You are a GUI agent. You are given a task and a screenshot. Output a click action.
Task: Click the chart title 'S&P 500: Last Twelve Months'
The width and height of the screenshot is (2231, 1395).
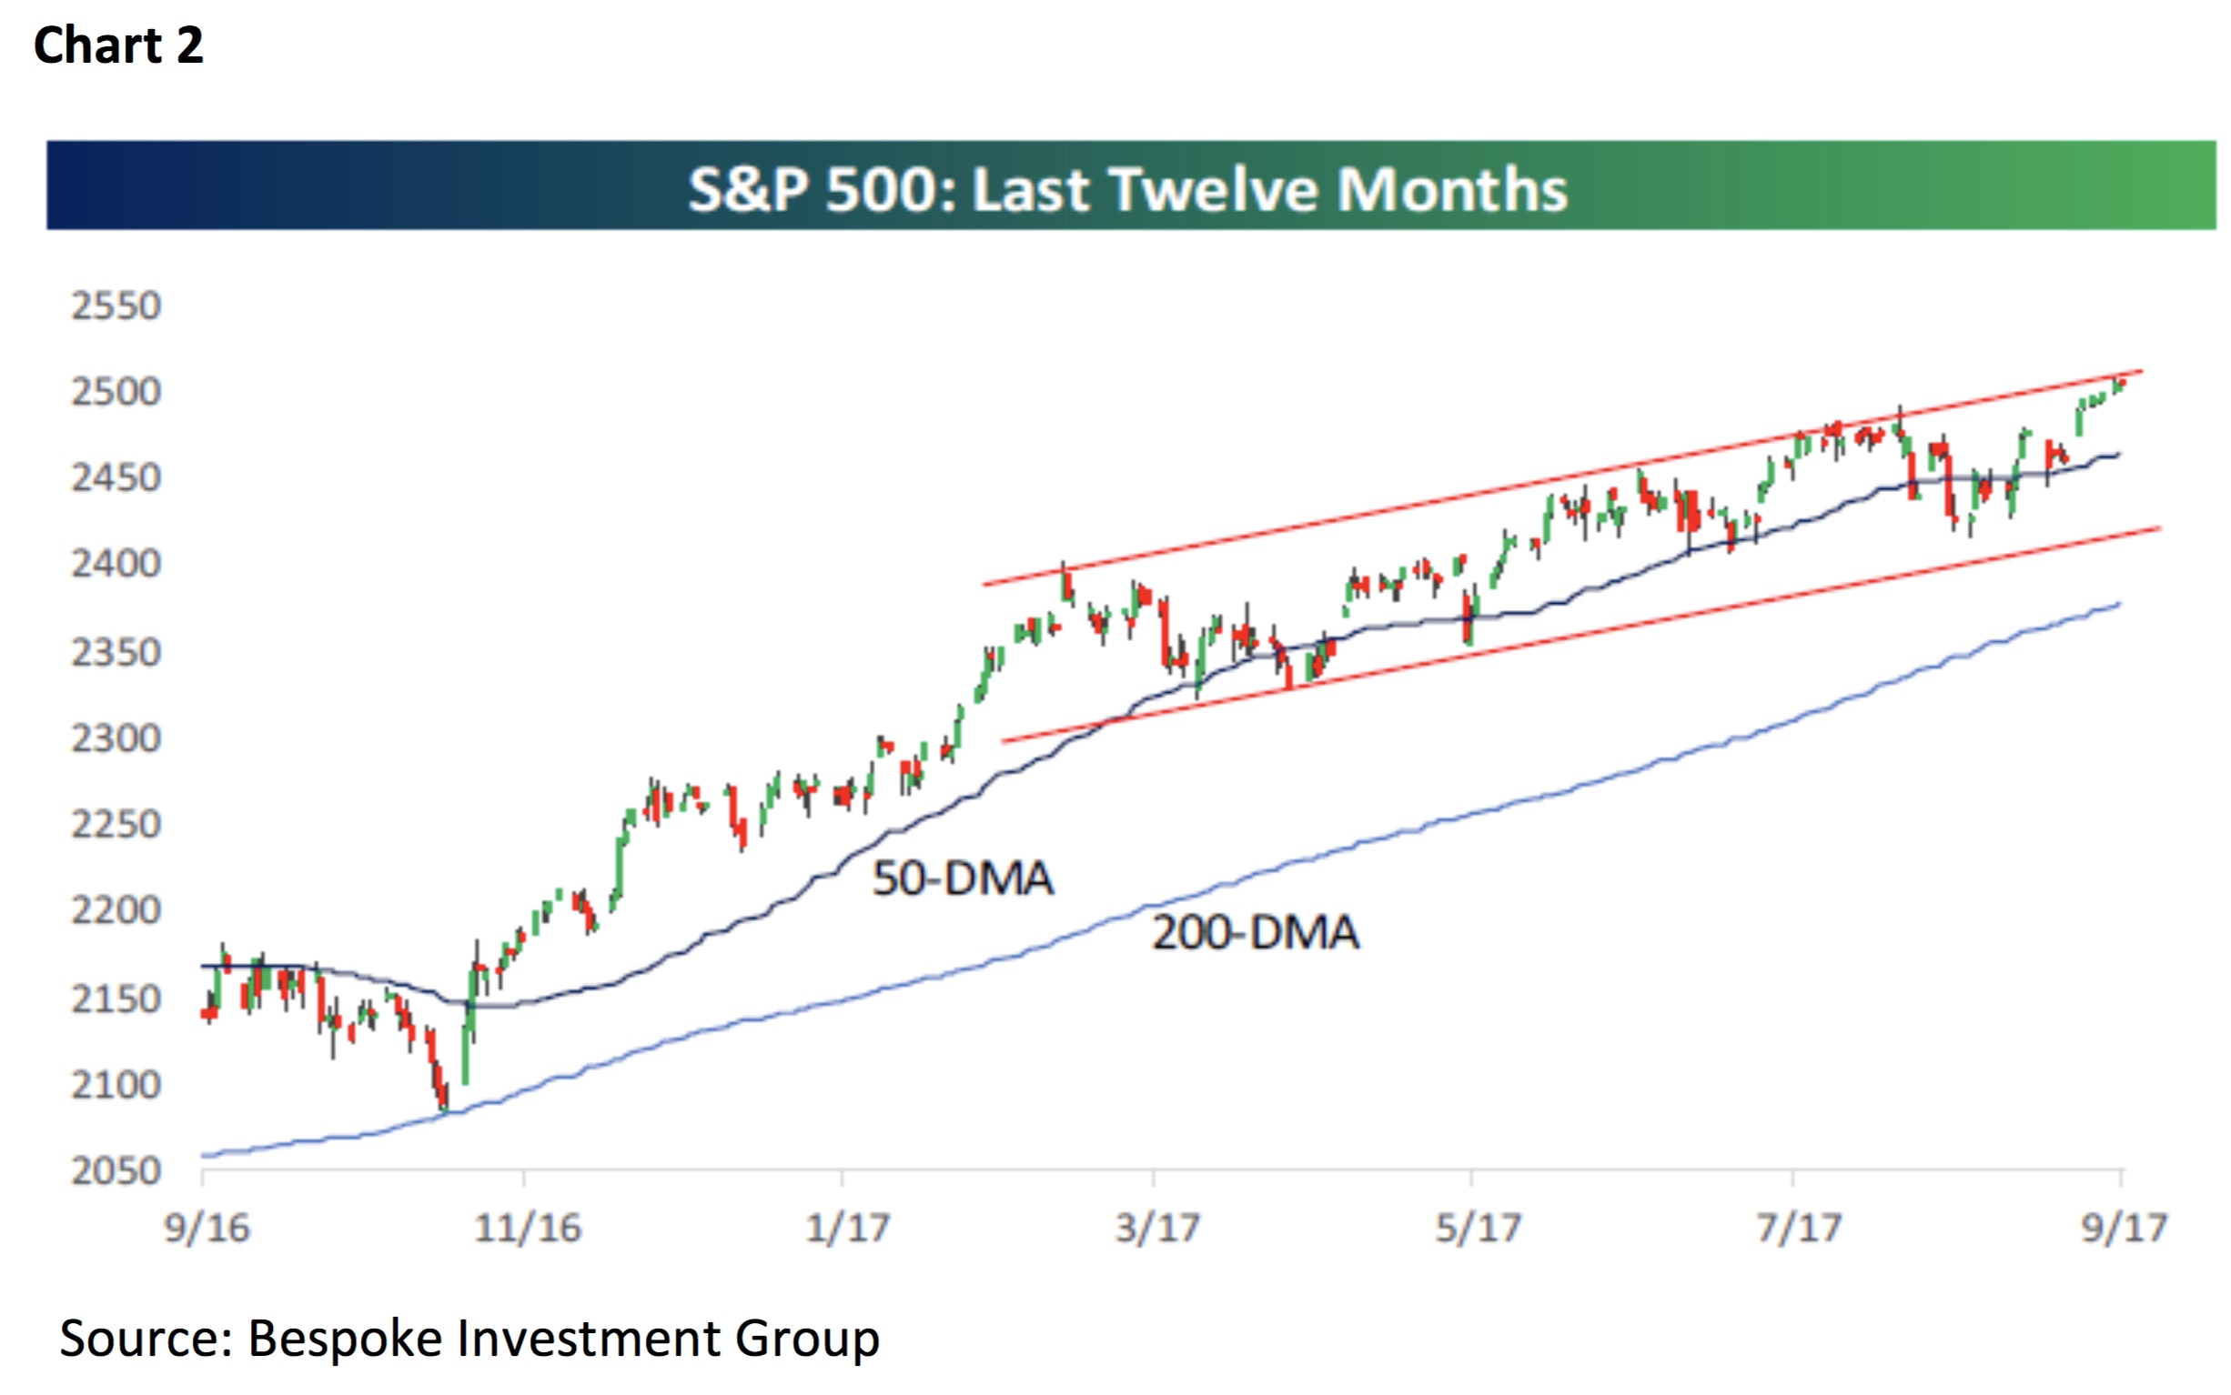[1127, 189]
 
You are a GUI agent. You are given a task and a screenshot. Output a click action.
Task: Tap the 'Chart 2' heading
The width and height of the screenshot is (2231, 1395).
[118, 45]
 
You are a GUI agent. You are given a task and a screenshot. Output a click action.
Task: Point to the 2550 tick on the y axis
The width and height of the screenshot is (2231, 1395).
[116, 306]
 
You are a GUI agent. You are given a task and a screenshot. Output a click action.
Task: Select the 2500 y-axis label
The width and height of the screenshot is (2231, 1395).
[116, 392]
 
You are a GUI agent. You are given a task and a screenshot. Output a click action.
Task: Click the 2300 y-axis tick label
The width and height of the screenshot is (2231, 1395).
[116, 739]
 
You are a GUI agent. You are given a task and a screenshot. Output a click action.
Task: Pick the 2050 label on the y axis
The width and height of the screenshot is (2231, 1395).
[116, 1171]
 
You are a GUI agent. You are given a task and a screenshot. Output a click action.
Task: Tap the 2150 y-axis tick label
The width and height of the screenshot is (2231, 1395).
[116, 999]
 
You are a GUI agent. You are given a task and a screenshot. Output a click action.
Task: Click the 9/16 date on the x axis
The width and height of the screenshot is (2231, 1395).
[207, 1229]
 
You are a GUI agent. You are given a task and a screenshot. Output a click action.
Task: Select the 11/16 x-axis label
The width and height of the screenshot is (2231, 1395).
[527, 1229]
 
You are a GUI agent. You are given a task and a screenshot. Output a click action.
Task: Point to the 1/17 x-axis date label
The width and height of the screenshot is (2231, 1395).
[846, 1229]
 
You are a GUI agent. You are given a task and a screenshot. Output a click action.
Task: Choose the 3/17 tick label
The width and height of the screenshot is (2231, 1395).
[1156, 1229]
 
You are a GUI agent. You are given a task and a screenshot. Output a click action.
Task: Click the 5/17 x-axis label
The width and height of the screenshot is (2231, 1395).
[1477, 1229]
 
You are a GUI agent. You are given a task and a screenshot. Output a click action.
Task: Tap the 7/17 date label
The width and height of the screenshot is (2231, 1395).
[1797, 1229]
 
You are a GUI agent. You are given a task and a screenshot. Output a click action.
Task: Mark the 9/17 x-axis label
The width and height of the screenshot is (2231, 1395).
[2123, 1229]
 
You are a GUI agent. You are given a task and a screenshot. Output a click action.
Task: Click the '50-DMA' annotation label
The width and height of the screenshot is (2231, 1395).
[963, 878]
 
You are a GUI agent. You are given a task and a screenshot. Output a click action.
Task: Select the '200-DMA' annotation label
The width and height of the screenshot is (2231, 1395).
[1256, 933]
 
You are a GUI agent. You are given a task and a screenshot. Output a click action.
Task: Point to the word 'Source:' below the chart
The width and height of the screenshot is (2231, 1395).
[146, 1339]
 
